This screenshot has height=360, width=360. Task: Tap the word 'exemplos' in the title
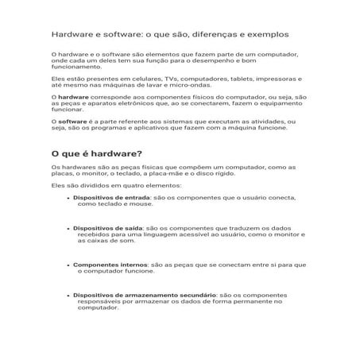266,35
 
